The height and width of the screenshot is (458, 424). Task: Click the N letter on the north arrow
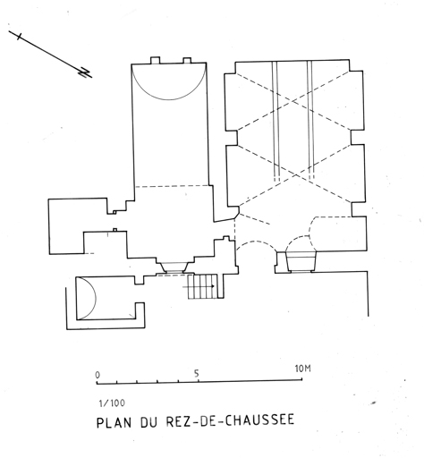tap(85, 72)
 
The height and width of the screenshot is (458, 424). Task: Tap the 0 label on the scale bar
tap(98, 375)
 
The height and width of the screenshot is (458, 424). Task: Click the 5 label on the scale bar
tap(196, 373)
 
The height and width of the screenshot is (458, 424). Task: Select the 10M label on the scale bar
tap(302, 369)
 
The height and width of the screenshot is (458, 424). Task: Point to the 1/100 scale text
tap(112, 403)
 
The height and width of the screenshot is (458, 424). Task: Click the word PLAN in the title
tap(114, 422)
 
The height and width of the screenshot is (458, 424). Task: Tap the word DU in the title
tap(149, 421)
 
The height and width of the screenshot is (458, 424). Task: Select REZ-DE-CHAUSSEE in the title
tap(230, 420)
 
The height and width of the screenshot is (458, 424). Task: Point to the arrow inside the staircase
tap(199, 286)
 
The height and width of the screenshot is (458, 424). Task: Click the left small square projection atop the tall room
tap(155, 60)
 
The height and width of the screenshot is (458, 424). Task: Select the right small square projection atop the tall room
tap(187, 61)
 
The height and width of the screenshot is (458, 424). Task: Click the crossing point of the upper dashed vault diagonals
tap(293, 102)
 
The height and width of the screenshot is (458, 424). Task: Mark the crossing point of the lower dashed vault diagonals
tap(296, 175)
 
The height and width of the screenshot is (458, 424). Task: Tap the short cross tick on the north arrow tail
tap(20, 37)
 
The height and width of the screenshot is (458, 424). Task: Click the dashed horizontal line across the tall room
tap(172, 186)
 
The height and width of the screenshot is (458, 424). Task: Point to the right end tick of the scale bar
tap(302, 379)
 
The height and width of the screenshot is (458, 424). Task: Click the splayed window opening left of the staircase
tap(172, 267)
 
